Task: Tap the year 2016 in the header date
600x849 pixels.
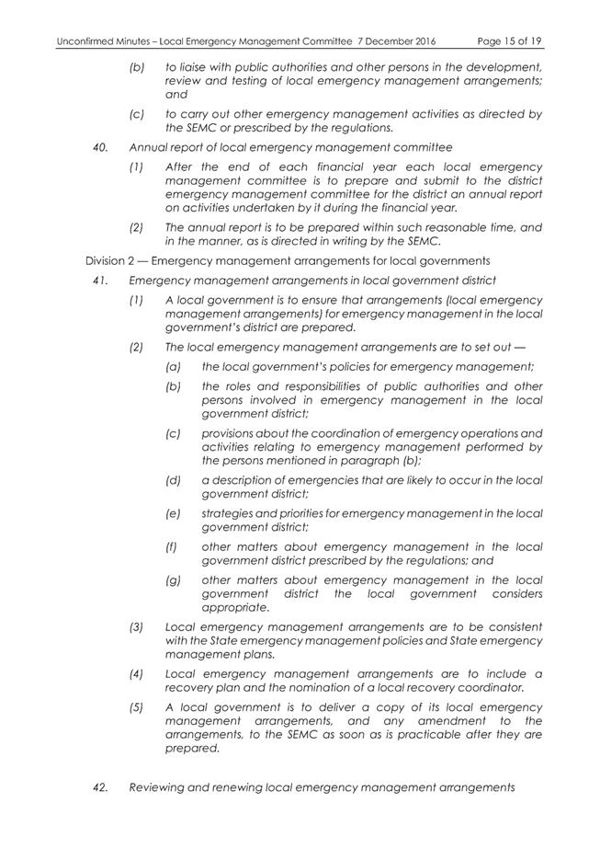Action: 420,42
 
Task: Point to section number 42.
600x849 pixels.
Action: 103,787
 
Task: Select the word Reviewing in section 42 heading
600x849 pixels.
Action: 162,787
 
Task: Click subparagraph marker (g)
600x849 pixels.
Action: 172,579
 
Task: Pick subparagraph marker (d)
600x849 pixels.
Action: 172,480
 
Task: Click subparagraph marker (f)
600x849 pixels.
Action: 171,546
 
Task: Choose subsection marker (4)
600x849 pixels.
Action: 137,673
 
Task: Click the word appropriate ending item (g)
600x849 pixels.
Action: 234,607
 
